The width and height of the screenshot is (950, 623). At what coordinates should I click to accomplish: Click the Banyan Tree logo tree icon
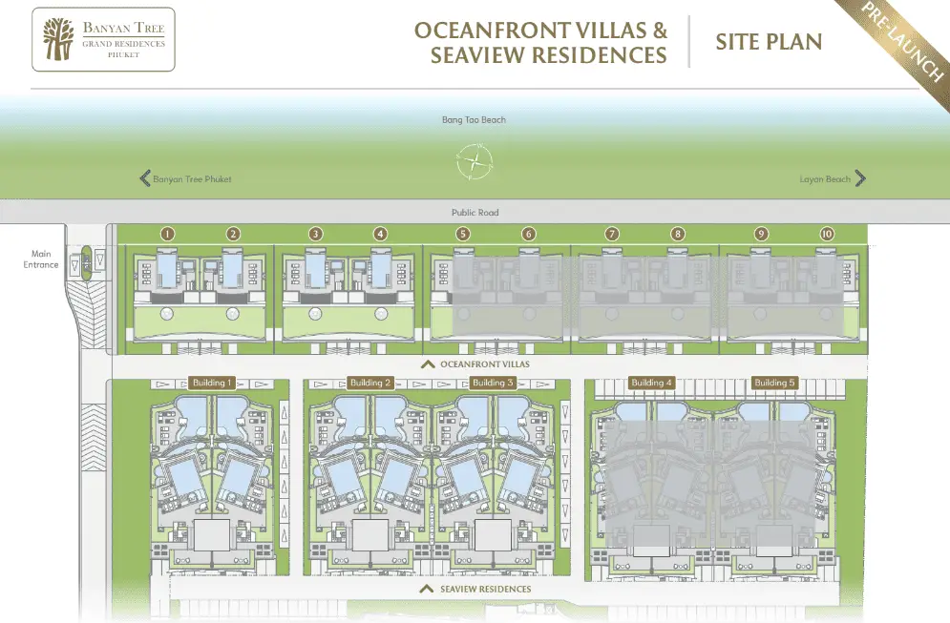tap(58, 39)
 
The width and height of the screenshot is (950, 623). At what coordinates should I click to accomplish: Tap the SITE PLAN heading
tap(769, 42)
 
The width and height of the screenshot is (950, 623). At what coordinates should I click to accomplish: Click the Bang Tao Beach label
tap(474, 120)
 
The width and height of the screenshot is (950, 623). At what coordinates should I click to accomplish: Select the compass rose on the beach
tap(475, 161)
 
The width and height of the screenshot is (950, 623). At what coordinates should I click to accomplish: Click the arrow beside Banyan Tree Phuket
tap(145, 178)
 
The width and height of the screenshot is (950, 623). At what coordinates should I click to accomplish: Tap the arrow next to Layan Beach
tap(860, 178)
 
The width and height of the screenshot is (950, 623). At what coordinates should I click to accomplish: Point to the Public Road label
tap(475, 213)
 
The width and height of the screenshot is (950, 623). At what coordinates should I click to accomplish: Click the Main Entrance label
tap(41, 260)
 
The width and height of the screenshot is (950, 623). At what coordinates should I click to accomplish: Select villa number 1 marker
tap(168, 234)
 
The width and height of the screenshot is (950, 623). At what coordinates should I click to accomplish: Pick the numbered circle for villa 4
tap(381, 234)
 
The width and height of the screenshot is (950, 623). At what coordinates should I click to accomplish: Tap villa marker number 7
tap(612, 234)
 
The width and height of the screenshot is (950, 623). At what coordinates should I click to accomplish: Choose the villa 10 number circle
tap(827, 234)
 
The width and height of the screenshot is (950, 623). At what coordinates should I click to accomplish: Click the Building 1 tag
tap(212, 383)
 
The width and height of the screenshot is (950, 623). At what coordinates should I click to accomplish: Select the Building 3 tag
tap(493, 383)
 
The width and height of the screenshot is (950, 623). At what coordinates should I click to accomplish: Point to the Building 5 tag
tap(774, 383)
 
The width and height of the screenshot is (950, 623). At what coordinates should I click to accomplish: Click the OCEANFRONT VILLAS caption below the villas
tap(485, 364)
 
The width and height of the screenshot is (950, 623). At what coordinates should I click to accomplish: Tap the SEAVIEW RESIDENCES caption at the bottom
tap(485, 589)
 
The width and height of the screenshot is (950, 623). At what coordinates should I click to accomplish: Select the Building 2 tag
tap(370, 383)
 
